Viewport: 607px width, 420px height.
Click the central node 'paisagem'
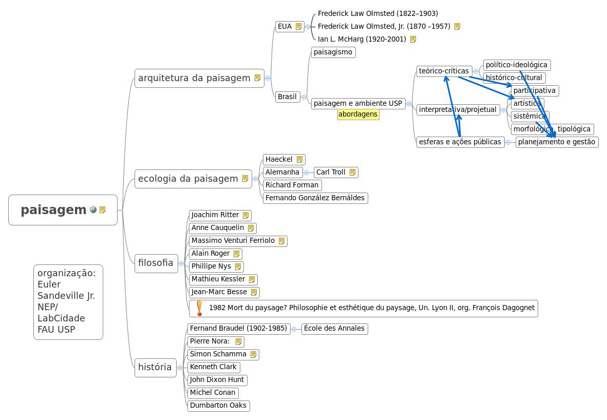[x=54, y=210]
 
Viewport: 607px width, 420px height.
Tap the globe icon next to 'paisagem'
[x=93, y=209]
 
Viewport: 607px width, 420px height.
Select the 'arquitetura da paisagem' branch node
[x=194, y=78]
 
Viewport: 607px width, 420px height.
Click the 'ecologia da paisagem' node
[x=188, y=179]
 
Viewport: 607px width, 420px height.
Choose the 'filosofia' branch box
[x=156, y=263]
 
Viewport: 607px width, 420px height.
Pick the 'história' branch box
[x=155, y=367]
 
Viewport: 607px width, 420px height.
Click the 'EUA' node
[x=284, y=26]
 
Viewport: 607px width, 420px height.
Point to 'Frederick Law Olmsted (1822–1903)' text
[x=377, y=13]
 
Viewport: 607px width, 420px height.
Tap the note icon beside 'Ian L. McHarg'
[x=413, y=39]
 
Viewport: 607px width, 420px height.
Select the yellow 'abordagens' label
[x=358, y=114]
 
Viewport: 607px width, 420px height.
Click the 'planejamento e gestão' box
[x=557, y=142]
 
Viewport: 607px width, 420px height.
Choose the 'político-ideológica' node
[x=517, y=65]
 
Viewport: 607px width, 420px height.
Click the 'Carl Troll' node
[x=331, y=172]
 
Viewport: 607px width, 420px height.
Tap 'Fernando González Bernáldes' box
[x=315, y=198]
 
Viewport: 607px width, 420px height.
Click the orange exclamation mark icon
[x=200, y=308]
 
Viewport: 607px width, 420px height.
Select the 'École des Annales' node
[x=334, y=328]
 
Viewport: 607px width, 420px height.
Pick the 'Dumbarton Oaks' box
[x=218, y=405]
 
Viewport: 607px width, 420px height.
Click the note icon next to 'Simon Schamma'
[x=253, y=354]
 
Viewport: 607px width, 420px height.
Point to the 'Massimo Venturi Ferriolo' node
[x=233, y=240]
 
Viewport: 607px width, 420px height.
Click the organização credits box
[x=68, y=301]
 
